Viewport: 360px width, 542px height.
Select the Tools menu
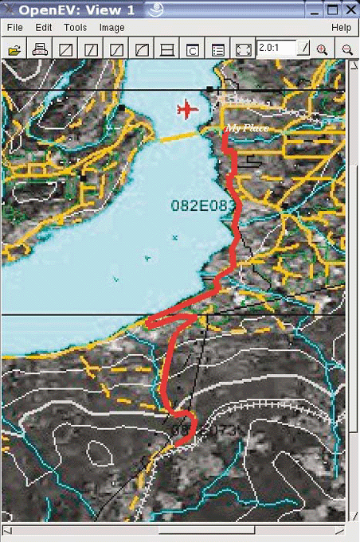pyautogui.click(x=76, y=28)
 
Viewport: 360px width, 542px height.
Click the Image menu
pyautogui.click(x=112, y=28)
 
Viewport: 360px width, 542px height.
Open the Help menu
pyautogui.click(x=341, y=28)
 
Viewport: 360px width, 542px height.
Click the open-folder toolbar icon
pyautogui.click(x=14, y=49)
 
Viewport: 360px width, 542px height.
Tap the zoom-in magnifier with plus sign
pyautogui.click(x=323, y=49)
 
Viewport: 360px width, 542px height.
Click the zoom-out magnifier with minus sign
pyautogui.click(x=347, y=49)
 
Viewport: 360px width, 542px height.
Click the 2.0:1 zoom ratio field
pyautogui.click(x=276, y=49)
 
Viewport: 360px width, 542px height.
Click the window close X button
pyautogui.click(x=350, y=9)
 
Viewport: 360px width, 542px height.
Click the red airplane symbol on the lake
pyautogui.click(x=187, y=108)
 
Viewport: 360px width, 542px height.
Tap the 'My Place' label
pyautogui.click(x=246, y=127)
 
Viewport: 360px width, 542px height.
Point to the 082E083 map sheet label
pyautogui.click(x=204, y=205)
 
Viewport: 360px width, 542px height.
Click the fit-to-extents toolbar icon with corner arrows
pyautogui.click(x=244, y=49)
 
